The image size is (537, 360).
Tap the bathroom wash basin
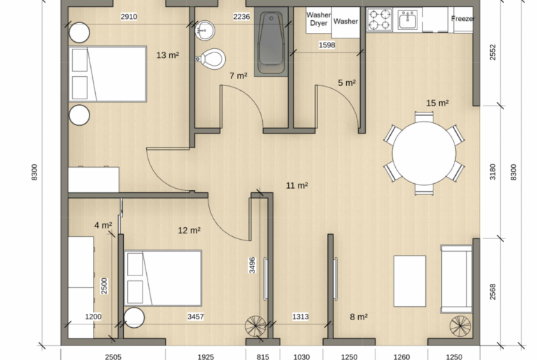pyautogui.click(x=204, y=29)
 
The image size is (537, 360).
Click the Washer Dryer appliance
pyautogui.click(x=318, y=19)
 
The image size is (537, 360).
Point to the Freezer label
pyautogui.click(x=462, y=19)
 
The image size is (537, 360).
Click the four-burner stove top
pyautogui.click(x=380, y=20)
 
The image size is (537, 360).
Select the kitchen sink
pyautogui.click(x=408, y=20)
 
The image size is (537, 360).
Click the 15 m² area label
pyautogui.click(x=437, y=103)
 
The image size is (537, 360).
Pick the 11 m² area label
pyautogui.click(x=297, y=185)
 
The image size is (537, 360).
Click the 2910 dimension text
pyautogui.click(x=129, y=16)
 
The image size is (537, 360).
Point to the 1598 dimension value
pyautogui.click(x=327, y=45)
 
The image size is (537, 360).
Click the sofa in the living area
pyautogui.click(x=454, y=279)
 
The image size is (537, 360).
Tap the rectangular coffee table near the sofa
pyautogui.click(x=410, y=280)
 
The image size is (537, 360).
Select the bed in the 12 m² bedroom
pyautogui.click(x=163, y=278)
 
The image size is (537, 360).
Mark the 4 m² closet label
pyautogui.click(x=103, y=225)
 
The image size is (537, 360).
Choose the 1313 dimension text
pyautogui.click(x=301, y=317)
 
